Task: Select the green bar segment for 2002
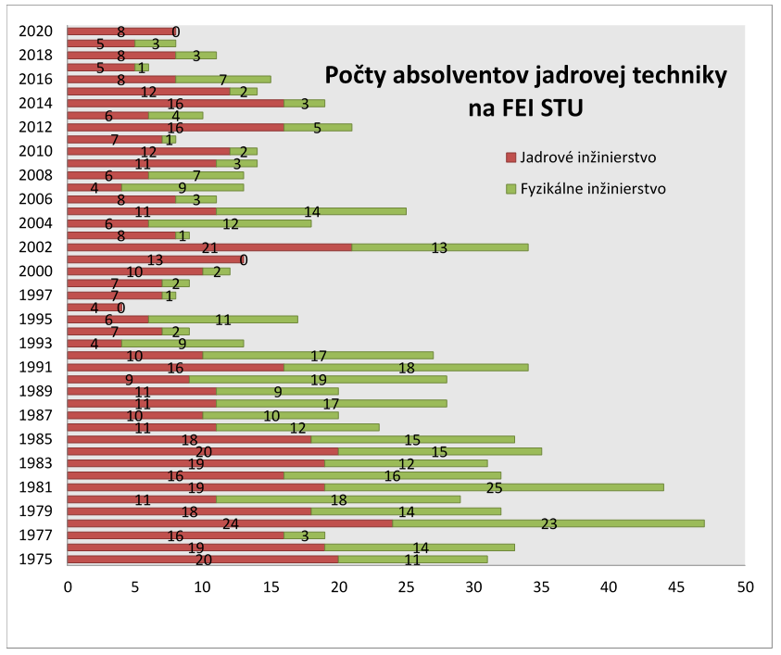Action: pos(440,247)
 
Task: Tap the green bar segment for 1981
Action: pos(494,487)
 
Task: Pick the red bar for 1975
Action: pos(203,560)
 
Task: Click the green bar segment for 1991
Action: pos(406,367)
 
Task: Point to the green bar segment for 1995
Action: pos(222,320)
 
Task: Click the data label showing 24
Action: pos(231,523)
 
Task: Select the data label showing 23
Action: pos(548,523)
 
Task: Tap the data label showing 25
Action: pos(494,487)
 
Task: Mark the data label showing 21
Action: pos(210,247)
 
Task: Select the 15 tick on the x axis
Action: pos(271,586)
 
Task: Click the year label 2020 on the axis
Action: pos(35,31)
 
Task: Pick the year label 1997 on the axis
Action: pos(35,296)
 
